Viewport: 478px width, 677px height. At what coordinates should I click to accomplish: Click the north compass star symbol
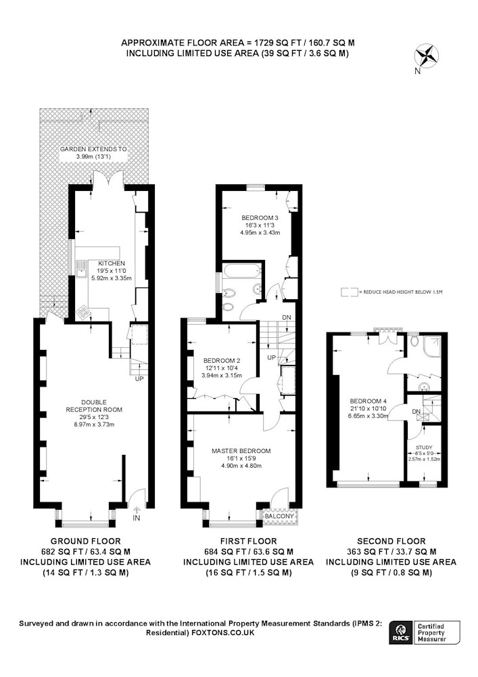coord(426,57)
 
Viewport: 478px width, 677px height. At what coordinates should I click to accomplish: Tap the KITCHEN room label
coord(112,263)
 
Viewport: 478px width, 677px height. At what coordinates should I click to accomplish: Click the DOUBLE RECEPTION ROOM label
coord(94,406)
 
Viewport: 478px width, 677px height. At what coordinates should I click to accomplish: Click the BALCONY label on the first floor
coord(279,516)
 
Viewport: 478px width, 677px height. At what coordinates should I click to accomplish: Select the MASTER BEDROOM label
coord(241,451)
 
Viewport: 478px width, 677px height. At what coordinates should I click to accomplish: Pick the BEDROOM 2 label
coord(222,361)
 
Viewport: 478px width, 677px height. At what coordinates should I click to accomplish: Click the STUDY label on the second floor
coord(424,447)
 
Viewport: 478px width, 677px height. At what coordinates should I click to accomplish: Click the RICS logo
coord(400,632)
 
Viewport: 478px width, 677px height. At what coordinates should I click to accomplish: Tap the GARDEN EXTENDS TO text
coord(93,149)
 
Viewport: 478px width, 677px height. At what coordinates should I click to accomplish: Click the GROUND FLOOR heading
coord(86,541)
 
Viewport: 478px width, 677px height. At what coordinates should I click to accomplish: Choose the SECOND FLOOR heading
coord(391,541)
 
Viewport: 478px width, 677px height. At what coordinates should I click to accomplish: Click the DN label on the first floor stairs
coord(287,318)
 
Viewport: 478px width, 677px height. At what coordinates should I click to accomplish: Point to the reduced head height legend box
coord(349,292)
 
